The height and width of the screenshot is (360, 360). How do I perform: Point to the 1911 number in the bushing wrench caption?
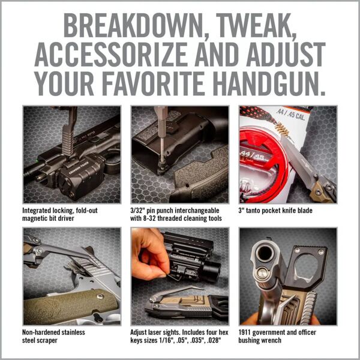247,331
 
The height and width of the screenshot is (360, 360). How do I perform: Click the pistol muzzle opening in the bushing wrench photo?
265,253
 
